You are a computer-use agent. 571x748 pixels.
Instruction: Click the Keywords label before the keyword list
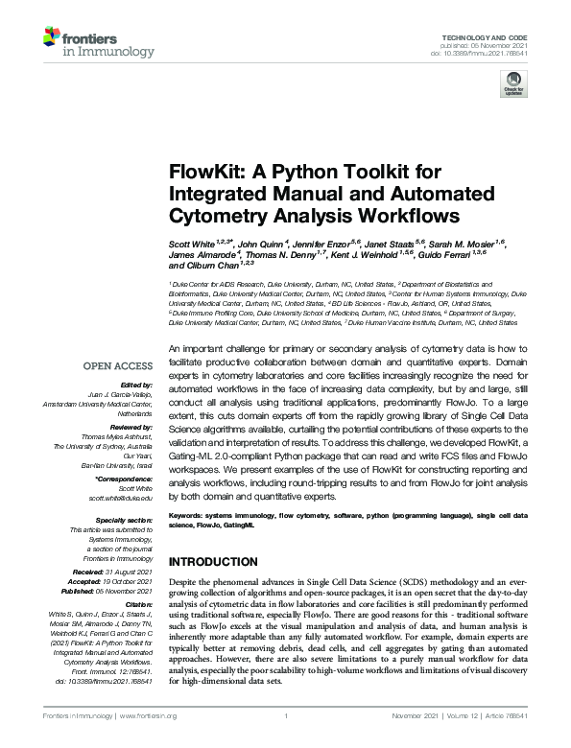(187, 515)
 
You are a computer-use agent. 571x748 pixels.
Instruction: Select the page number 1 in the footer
(285, 715)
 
